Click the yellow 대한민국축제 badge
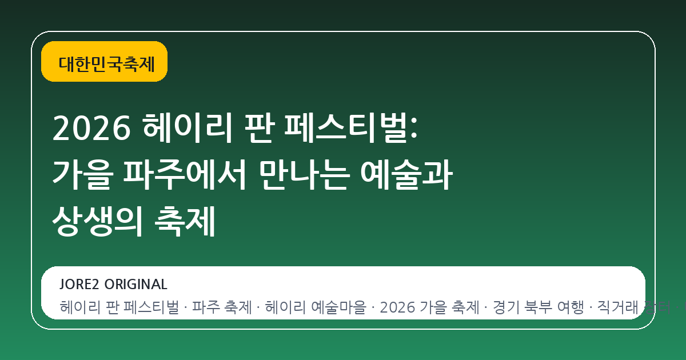(x=104, y=62)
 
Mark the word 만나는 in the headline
(x=304, y=176)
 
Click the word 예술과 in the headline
(x=407, y=176)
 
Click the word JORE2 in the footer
(x=79, y=284)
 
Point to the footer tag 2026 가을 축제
(x=429, y=308)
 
